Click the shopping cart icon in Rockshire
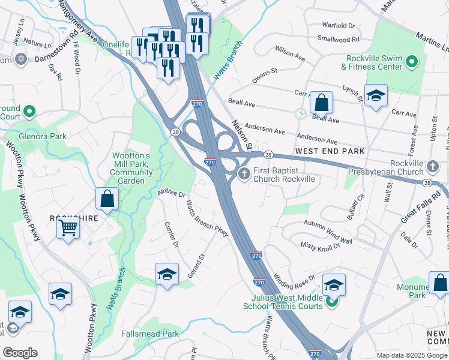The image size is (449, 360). (x=68, y=227)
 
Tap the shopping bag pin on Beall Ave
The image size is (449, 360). (x=322, y=103)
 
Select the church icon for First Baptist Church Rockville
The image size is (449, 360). (x=244, y=175)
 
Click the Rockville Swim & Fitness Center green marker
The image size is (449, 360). (x=412, y=62)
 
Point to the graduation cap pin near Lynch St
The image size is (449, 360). (x=376, y=95)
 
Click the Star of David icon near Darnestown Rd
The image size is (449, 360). (x=20, y=59)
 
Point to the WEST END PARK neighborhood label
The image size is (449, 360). (x=329, y=152)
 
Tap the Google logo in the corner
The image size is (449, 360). (x=20, y=353)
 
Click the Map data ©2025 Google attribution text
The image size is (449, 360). (x=411, y=355)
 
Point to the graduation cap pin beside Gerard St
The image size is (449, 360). (x=167, y=274)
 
